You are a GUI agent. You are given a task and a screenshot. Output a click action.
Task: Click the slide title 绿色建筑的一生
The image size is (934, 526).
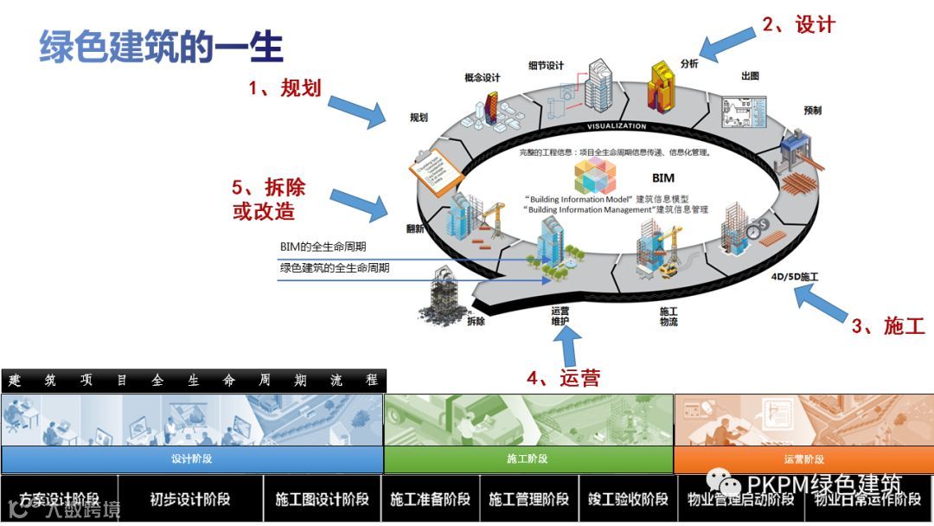pyautogui.click(x=162, y=47)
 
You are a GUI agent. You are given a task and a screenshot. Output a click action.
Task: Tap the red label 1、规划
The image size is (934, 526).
pyautogui.click(x=285, y=87)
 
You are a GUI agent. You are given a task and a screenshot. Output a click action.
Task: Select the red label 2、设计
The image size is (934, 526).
pyautogui.click(x=798, y=25)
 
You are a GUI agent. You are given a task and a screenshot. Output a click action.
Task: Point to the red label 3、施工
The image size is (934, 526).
pyautogui.click(x=888, y=326)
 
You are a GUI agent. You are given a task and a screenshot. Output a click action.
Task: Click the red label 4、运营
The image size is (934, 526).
pyautogui.click(x=564, y=377)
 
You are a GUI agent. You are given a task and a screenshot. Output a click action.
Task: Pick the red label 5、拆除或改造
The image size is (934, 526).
pyautogui.click(x=268, y=200)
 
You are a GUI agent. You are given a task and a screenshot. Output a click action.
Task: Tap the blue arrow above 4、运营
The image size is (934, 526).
pyautogui.click(x=568, y=347)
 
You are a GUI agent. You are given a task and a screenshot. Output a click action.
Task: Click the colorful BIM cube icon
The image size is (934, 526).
pyautogui.click(x=599, y=176)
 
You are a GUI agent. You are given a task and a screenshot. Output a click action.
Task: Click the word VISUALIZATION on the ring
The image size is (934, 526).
pyautogui.click(x=617, y=126)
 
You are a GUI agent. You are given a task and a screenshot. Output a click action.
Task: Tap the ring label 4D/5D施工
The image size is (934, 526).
pyautogui.click(x=794, y=278)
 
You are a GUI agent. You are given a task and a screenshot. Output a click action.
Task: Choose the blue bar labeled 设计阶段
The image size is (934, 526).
pyautogui.click(x=192, y=459)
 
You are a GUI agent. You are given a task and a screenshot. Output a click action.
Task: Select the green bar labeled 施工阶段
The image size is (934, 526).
pyautogui.click(x=528, y=459)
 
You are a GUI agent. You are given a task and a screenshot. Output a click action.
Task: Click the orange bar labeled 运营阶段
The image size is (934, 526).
pyautogui.click(x=803, y=459)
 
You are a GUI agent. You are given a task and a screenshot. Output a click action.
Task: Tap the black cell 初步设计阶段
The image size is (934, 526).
pyautogui.click(x=190, y=499)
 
